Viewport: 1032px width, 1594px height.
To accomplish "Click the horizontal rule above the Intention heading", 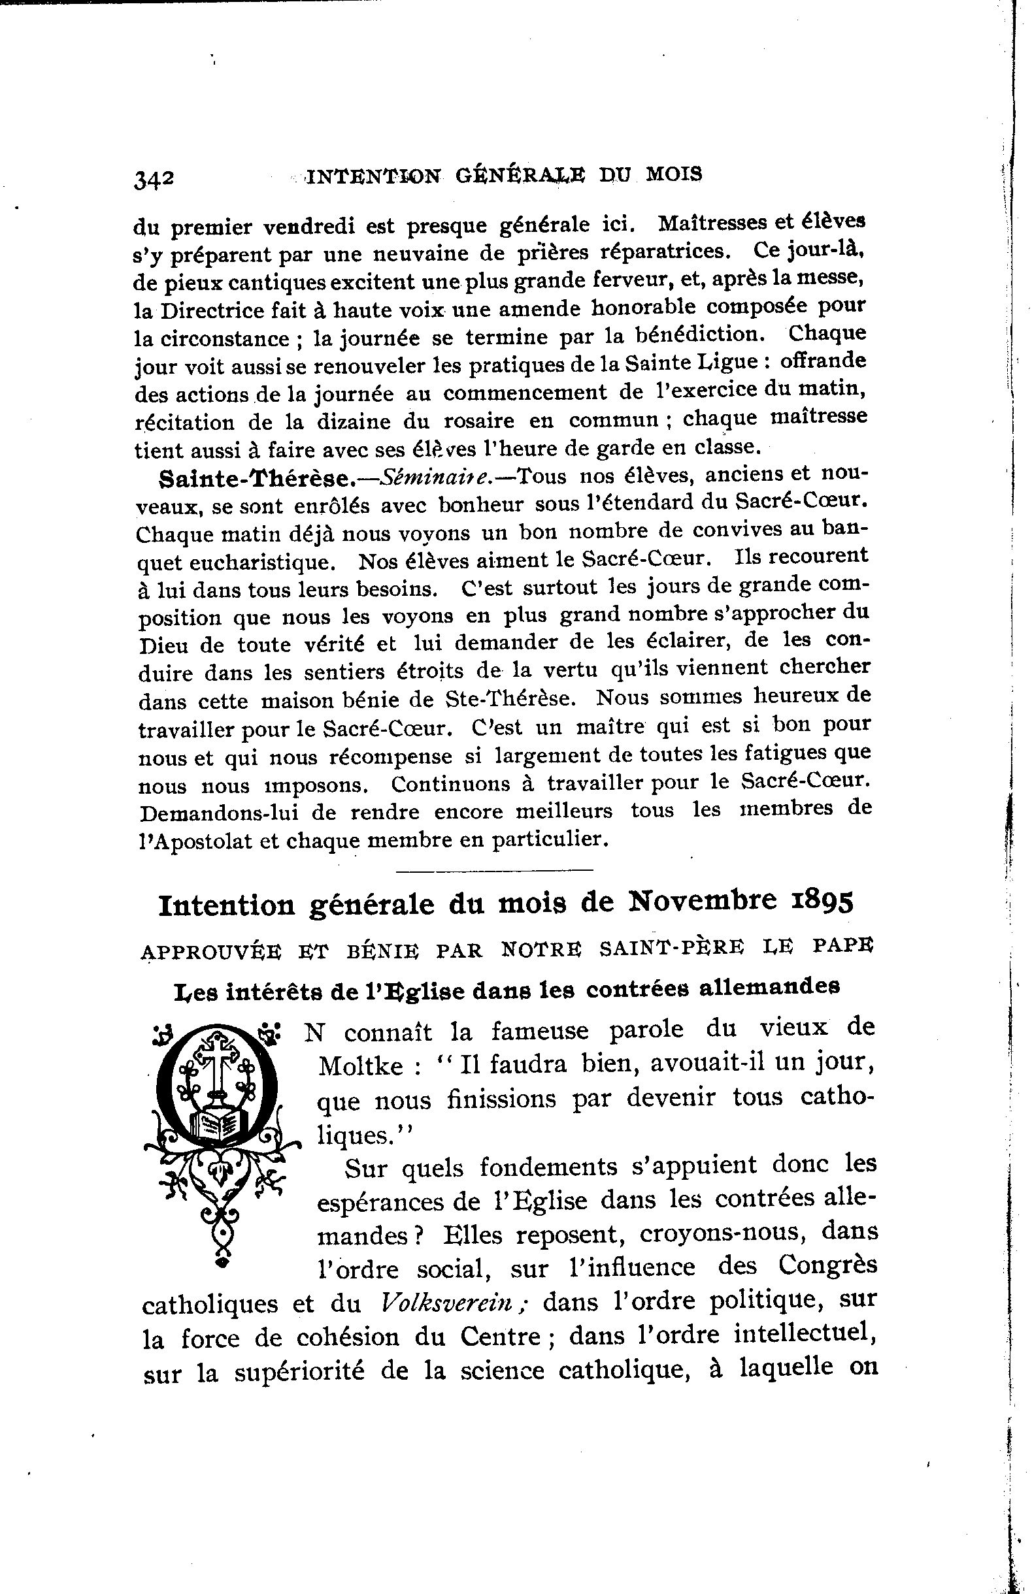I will click(x=495, y=871).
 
